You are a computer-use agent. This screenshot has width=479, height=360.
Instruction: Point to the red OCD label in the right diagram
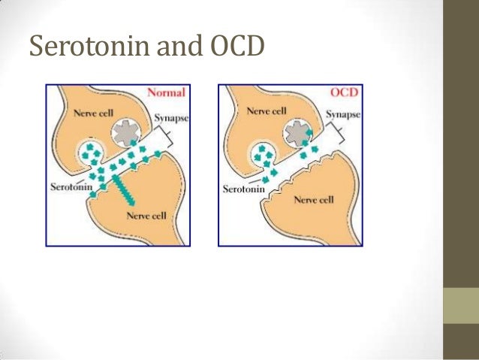pos(344,93)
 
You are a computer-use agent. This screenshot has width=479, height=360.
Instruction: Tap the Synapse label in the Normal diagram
pos(171,119)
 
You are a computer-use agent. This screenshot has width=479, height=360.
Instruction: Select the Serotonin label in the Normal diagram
pos(69,186)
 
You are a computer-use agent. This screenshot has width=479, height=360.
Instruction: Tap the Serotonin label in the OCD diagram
pos(243,189)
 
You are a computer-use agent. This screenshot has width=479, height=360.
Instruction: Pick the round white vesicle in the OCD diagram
pos(264,156)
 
